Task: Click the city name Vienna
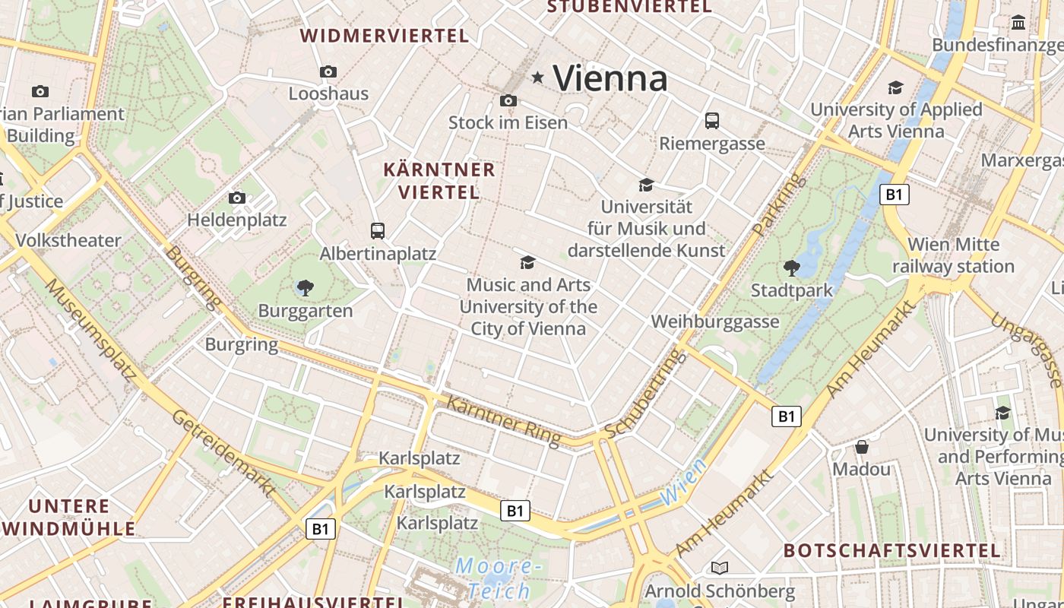[610, 78]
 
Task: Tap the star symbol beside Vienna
[538, 77]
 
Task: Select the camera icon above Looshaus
[328, 71]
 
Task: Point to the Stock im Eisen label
[508, 122]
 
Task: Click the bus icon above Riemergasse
[712, 120]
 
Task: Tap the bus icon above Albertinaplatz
[378, 230]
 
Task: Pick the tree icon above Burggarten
[306, 288]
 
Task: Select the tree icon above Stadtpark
[792, 268]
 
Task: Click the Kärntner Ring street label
[503, 420]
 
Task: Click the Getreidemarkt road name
[222, 453]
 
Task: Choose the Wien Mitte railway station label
[953, 256]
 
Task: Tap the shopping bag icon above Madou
[861, 446]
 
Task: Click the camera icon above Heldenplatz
[237, 198]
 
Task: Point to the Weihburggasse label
[715, 321]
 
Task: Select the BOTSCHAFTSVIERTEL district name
[892, 550]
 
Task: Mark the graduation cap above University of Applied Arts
[896, 87]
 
